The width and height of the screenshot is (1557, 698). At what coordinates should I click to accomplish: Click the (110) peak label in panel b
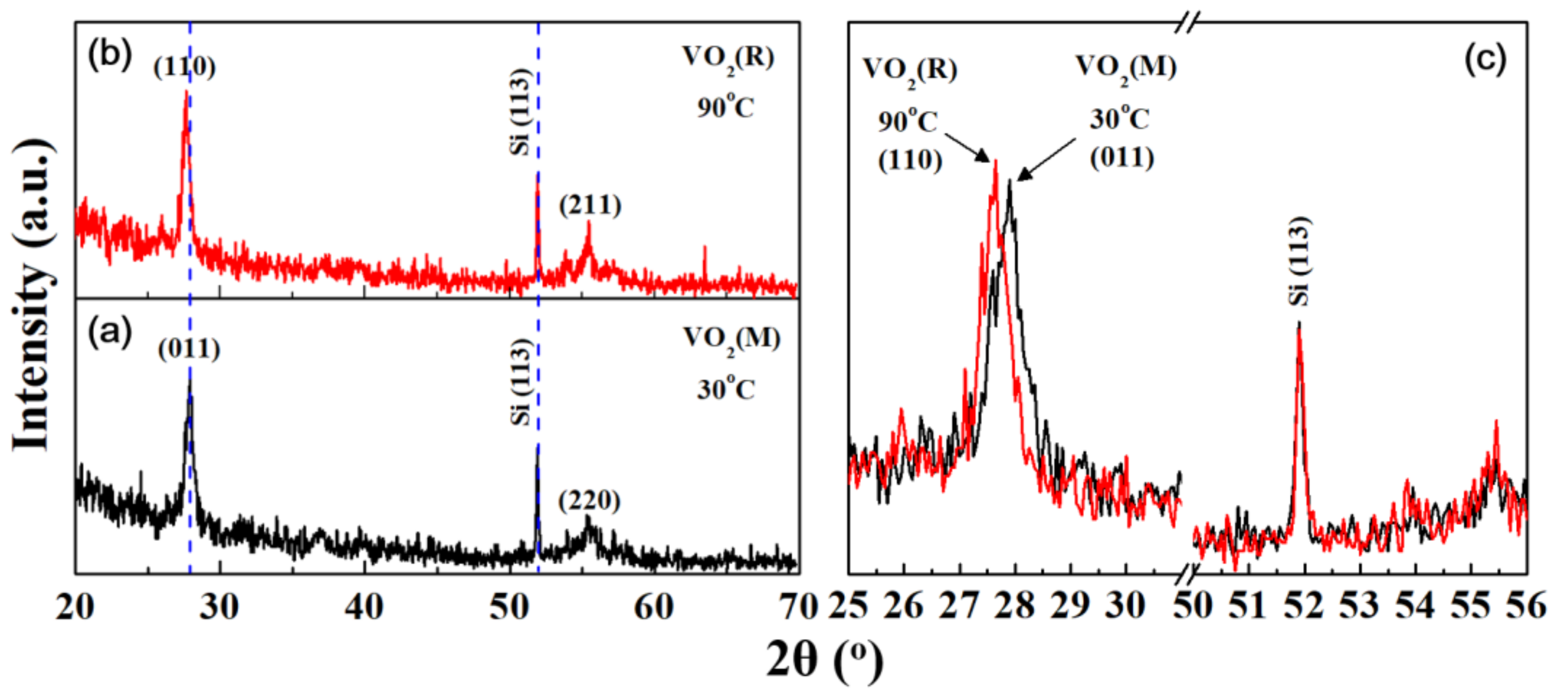pos(184,67)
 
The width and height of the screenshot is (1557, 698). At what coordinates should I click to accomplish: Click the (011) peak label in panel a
pos(189,349)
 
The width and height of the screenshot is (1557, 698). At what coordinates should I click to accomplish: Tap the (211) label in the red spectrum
pos(590,206)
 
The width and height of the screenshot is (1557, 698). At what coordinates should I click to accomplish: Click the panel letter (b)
pos(109,55)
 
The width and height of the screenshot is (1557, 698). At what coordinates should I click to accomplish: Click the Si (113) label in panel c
pos(1298,261)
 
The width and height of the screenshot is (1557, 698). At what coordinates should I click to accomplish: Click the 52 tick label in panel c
pos(1304,606)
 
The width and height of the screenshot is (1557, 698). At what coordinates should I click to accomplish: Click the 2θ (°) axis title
pos(825,661)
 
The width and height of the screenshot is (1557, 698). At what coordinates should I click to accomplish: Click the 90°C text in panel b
pos(726,107)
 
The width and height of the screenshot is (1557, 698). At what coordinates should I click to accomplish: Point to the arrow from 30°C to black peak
pos(1047,159)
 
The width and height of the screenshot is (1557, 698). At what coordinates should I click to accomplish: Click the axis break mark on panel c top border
pos(1188,23)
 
